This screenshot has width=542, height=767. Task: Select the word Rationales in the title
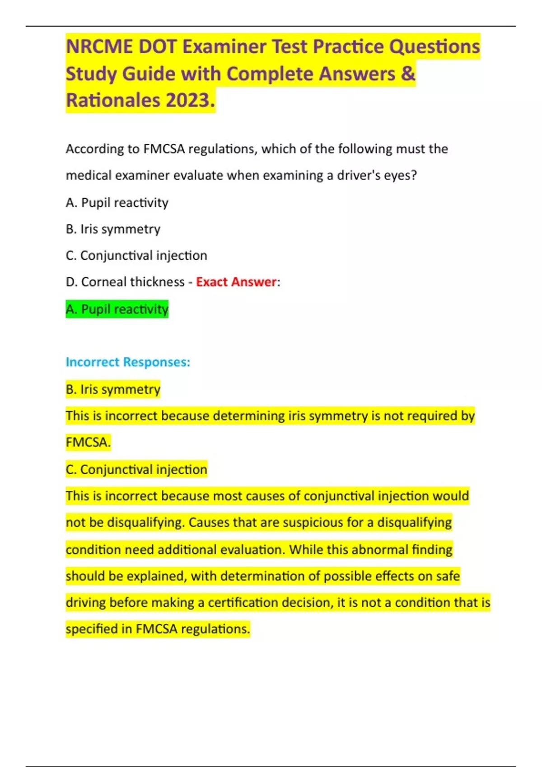coord(113,100)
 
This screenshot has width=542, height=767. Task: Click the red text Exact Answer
coord(236,282)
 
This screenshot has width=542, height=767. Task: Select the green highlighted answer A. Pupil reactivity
coord(117,309)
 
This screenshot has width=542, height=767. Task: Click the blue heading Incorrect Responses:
coord(128,362)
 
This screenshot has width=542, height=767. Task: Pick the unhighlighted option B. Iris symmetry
coord(113,229)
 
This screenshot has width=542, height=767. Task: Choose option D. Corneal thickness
coord(125,282)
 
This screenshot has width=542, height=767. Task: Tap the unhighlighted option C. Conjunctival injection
coord(136,256)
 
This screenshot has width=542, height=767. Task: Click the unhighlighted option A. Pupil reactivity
coord(117,203)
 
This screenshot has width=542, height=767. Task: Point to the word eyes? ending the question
coord(400,175)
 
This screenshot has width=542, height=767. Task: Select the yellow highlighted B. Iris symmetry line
coord(113,389)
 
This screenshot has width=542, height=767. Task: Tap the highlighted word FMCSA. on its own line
coord(88,442)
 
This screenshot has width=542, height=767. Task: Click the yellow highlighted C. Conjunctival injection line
coord(136,469)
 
